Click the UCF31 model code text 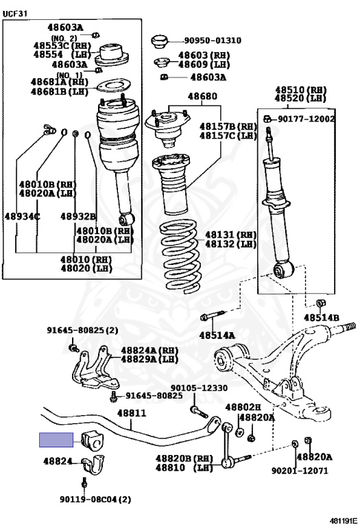coord(15,14)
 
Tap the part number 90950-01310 coord(213,40)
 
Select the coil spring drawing coord(180,256)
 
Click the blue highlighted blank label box coord(56,440)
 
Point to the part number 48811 coord(132,412)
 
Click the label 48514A coord(217,335)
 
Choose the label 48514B coord(322,318)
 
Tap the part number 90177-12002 coord(307,119)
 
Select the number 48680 coord(202,96)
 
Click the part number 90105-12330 coord(199,388)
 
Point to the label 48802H coord(243,408)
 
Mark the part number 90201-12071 coord(300,471)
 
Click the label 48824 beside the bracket coord(58,461)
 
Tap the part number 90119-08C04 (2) coord(95,500)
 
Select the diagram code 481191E coord(344,521)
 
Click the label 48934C coord(22,216)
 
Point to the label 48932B coord(78,216)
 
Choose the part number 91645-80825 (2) coord(82,330)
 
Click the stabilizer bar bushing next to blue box coord(93,441)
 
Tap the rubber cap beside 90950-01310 coord(159,42)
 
